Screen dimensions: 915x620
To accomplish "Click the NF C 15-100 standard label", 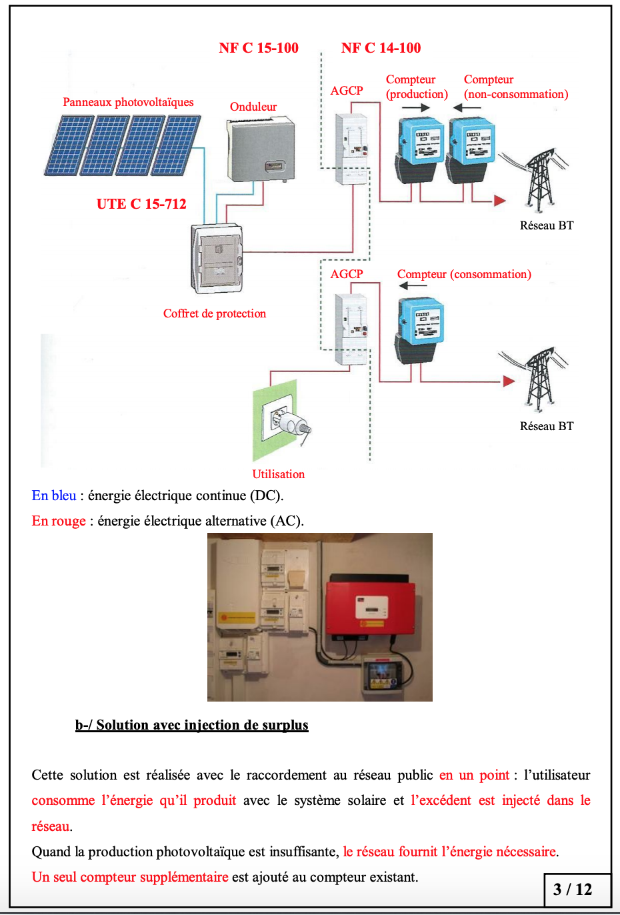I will coord(259,48).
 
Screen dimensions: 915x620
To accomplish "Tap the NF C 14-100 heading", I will coord(381,48).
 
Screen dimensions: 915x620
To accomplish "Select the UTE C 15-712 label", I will coord(141,204).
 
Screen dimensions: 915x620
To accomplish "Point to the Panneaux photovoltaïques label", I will coord(128,102).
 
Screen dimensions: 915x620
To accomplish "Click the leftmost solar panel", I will coord(69,145).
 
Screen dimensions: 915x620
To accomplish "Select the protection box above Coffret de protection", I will coord(217,258).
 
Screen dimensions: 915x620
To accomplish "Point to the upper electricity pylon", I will coord(540,180).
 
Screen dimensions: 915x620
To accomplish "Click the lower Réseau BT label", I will coord(547,426).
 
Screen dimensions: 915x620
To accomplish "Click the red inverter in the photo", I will coord(370,607).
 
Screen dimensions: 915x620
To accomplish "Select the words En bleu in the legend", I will coord(54,496).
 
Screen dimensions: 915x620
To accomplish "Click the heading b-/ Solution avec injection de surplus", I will coord(192,725).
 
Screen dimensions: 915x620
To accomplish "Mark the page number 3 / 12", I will coord(573,889).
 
